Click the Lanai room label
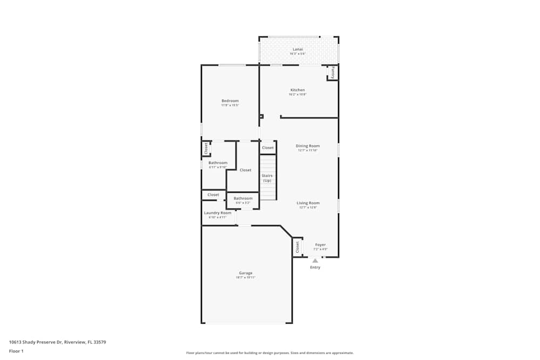pos(298,49)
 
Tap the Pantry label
pos(333,72)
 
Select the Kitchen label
pos(298,90)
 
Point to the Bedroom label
pos(230,101)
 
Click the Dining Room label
pos(308,146)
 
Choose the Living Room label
pos(308,203)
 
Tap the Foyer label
pos(320,244)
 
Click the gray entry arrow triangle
pos(315,260)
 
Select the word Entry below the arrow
pos(315,267)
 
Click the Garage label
pos(246,273)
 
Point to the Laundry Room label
pos(218,213)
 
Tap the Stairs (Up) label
pos(267,178)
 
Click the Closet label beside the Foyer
pos(298,247)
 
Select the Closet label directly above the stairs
pos(268,147)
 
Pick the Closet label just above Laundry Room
pos(213,194)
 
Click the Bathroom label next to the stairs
pos(243,198)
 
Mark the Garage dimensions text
pos(246,277)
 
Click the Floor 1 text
pos(16,351)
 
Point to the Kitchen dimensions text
pos(298,94)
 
